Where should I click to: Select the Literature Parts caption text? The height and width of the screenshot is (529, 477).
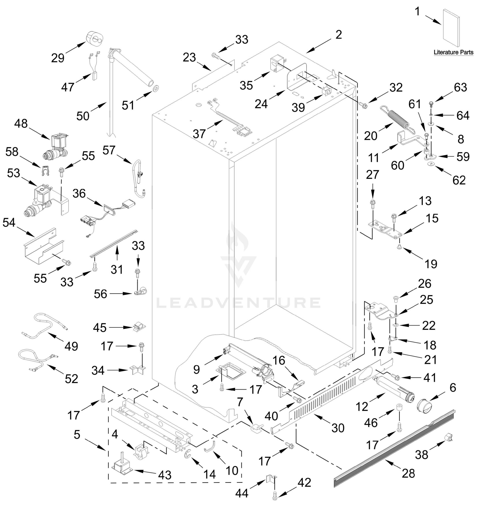(x=453, y=52)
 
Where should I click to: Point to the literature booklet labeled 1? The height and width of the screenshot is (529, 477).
(x=451, y=28)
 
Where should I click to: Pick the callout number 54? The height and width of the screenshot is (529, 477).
(x=9, y=223)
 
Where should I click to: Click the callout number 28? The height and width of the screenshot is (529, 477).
(x=408, y=473)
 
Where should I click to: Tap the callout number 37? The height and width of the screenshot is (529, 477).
(x=199, y=134)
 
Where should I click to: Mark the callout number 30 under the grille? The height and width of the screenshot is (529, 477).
(x=338, y=428)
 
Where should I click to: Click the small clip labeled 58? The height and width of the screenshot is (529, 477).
(x=46, y=171)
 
